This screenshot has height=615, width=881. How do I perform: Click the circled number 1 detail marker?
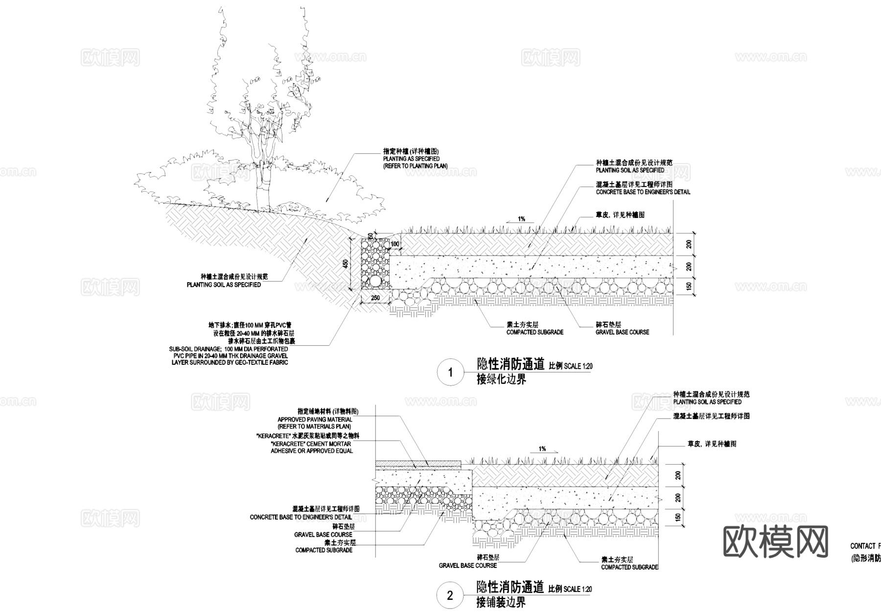coord(451,373)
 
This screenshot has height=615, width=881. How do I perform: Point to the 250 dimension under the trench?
coord(375,297)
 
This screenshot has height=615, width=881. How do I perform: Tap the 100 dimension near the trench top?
coord(394,244)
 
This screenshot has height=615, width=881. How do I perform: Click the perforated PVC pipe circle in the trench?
coord(375,281)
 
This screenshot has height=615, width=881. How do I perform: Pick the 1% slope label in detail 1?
coord(522,219)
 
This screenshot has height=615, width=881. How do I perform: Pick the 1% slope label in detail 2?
coord(542,449)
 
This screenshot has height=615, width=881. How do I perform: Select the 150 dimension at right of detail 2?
coord(678,518)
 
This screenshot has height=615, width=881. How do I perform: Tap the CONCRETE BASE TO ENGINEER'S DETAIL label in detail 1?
coord(643,192)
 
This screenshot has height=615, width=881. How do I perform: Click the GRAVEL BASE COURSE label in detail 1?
coord(622,332)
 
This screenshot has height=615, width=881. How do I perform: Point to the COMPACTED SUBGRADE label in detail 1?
coord(534,332)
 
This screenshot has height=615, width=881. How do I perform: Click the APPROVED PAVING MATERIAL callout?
coord(315,423)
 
